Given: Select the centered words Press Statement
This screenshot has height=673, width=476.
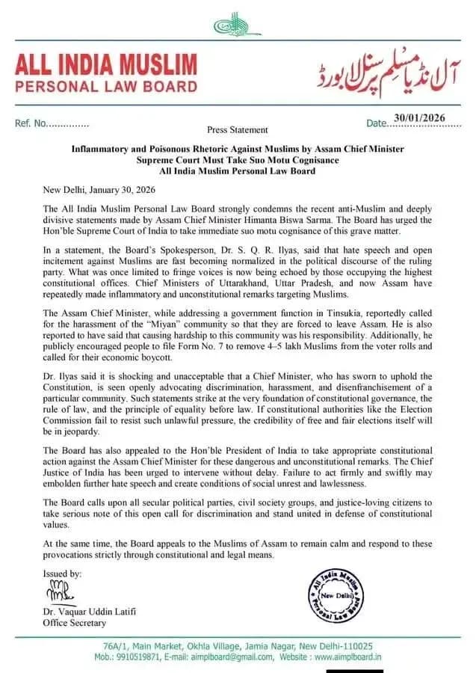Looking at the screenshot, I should tap(238, 129).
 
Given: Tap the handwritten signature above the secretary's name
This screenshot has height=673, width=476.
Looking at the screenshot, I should tap(58, 594).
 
